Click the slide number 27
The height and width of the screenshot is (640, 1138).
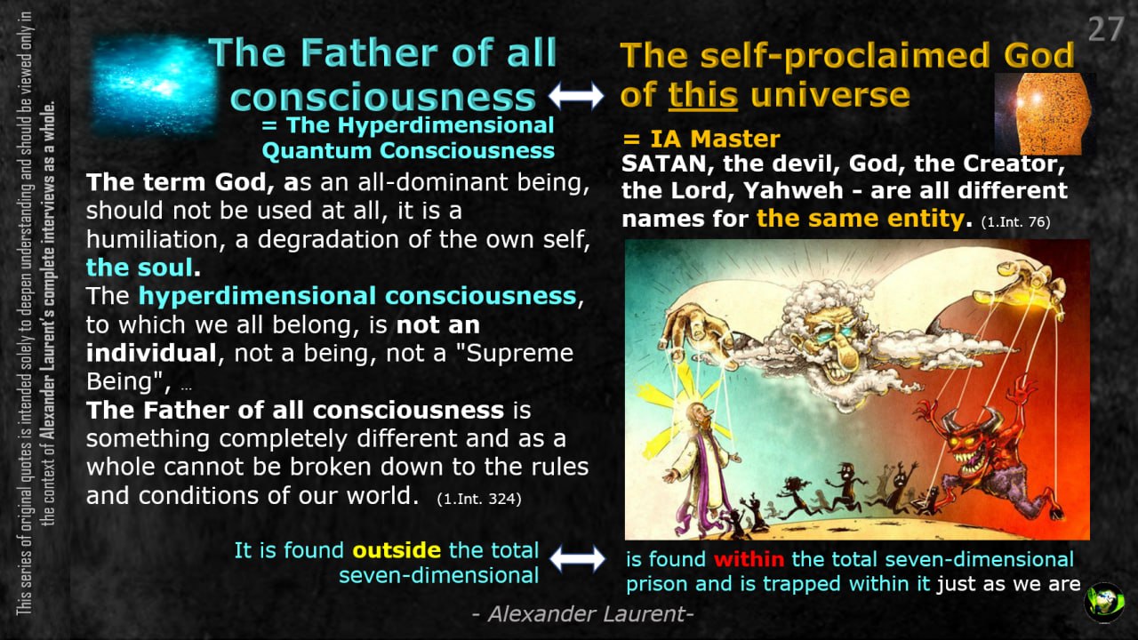pos(1105,29)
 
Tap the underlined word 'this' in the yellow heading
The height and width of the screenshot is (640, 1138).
pos(702,95)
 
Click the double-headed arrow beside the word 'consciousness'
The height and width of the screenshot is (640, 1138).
pos(577,95)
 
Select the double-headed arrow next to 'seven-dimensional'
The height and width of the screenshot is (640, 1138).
pos(578,559)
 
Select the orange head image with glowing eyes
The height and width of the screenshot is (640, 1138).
pos(1044,113)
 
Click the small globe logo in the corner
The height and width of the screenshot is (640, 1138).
pos(1104,603)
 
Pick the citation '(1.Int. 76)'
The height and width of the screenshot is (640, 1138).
pos(1015,222)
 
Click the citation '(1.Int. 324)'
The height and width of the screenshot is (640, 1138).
pos(479,499)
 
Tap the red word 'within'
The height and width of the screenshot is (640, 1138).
pos(749,559)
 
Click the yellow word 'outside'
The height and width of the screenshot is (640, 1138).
pos(397,550)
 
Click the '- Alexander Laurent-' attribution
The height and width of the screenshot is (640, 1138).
pos(582,614)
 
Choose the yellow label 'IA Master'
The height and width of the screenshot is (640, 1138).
pos(715,139)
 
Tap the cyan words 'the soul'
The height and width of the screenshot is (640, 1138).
pos(140,268)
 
